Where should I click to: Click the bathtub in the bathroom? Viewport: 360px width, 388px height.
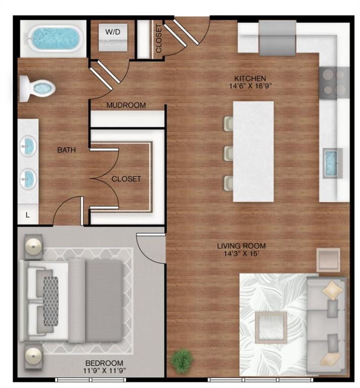55,38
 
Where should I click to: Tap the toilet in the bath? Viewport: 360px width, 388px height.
38,89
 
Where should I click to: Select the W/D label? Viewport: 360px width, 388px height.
113,32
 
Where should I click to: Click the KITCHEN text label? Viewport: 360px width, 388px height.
250,78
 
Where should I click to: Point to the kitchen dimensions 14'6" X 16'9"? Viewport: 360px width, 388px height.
250,86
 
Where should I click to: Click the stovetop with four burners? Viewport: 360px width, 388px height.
334,82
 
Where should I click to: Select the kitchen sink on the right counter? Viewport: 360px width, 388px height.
332,163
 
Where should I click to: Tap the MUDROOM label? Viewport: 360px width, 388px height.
126,106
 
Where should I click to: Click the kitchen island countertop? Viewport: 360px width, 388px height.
253,152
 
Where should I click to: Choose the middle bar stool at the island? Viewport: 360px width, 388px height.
228,154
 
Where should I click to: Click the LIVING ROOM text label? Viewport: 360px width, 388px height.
241,246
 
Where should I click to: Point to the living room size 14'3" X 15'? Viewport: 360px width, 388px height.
241,254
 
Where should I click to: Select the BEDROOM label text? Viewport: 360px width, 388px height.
104,363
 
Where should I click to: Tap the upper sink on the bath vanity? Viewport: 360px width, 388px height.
28,147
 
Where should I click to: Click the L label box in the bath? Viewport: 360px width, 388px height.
28,215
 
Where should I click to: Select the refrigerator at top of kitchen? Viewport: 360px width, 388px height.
278,38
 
